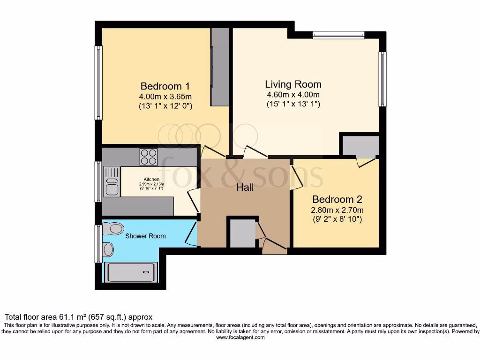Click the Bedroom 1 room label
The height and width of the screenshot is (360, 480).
(165, 86)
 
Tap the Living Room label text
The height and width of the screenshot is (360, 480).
(293, 84)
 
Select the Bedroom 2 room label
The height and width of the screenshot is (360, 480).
(337, 199)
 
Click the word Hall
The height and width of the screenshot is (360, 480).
(245, 187)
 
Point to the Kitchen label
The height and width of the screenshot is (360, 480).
(151, 180)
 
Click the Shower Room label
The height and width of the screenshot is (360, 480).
(145, 236)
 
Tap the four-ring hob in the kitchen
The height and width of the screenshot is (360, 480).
(149, 157)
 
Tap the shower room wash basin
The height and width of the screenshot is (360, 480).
(107, 249)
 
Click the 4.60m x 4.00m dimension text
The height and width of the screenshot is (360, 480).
(293, 95)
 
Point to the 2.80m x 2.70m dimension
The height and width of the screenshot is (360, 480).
(337, 210)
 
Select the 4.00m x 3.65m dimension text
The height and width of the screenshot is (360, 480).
(165, 97)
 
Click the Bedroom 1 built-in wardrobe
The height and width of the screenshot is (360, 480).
(219, 67)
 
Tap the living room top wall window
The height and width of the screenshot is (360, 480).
(338, 35)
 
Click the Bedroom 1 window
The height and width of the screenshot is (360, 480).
(98, 83)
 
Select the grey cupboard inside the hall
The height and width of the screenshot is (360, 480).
(242, 232)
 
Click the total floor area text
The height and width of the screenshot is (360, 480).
(78, 317)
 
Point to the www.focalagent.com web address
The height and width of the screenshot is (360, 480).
(240, 337)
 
